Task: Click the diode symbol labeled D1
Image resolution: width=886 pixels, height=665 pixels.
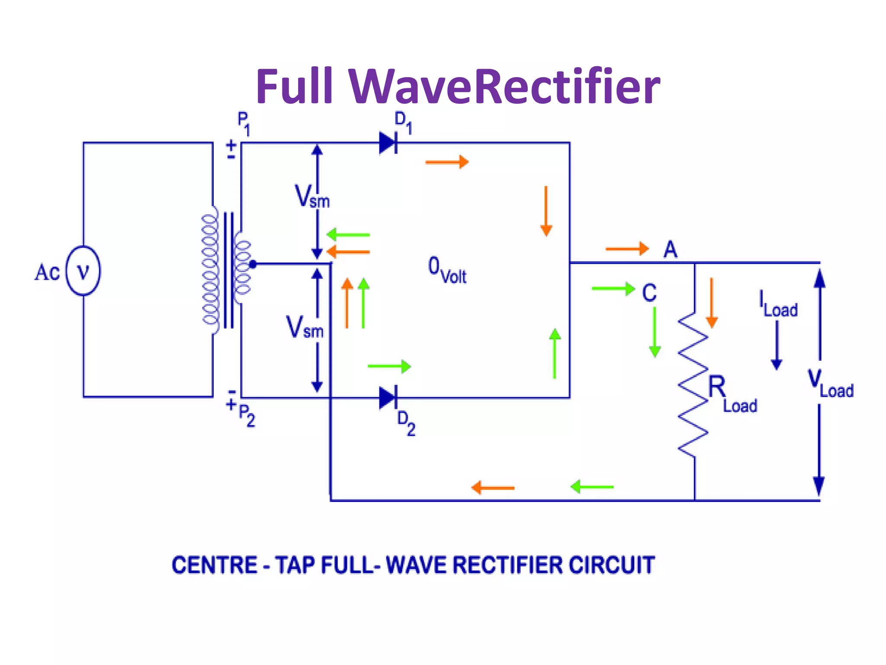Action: tap(388, 143)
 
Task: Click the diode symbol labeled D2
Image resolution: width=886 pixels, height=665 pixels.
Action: tap(388, 397)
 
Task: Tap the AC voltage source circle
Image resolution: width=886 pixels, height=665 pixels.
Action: tap(83, 271)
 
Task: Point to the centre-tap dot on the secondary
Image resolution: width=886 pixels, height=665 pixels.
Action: tap(253, 264)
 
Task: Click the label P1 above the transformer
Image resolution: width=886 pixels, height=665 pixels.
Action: tap(244, 124)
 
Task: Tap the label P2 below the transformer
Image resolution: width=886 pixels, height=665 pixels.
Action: tap(247, 416)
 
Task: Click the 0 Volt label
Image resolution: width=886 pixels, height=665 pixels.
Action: tap(447, 270)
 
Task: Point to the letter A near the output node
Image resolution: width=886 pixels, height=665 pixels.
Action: tap(670, 249)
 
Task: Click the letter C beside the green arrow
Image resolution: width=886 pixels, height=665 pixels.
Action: tap(649, 293)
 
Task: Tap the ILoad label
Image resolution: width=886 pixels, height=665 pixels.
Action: tap(778, 304)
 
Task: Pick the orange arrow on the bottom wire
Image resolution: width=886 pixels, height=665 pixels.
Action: tap(493, 487)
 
